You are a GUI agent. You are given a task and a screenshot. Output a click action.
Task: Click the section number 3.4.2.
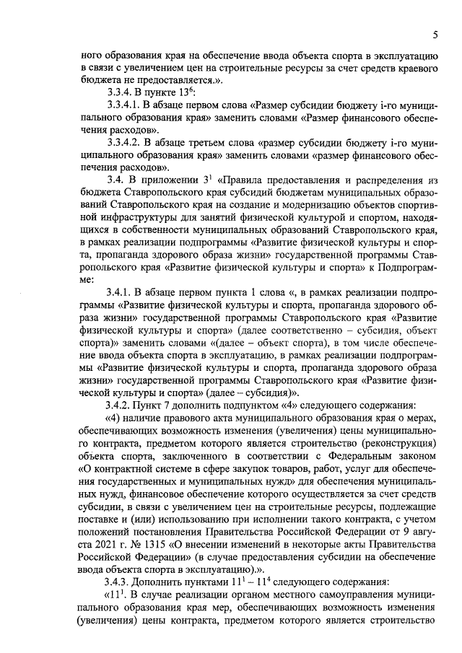pos(121,405)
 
